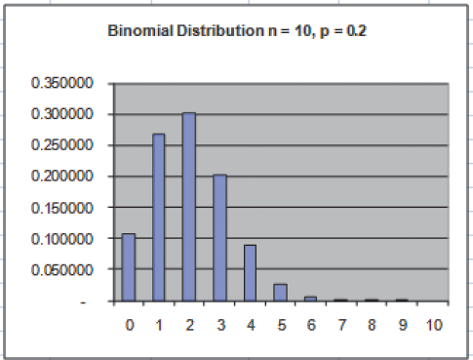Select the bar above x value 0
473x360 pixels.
[129, 267]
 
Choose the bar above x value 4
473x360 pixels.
[250, 272]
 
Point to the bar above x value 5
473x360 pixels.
[280, 292]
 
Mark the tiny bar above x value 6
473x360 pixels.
[310, 299]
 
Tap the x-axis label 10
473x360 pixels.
[433, 324]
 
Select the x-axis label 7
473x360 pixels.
[340, 324]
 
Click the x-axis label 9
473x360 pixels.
[401, 324]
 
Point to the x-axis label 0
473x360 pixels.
[129, 324]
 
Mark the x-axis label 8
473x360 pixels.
[371, 324]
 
